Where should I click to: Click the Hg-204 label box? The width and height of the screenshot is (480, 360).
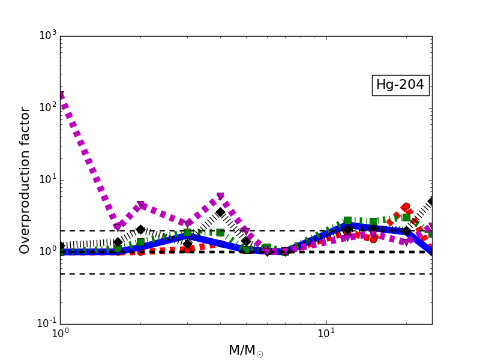400,85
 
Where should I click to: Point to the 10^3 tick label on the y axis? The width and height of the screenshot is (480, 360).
47,35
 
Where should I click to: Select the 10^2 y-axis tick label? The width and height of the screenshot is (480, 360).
47,107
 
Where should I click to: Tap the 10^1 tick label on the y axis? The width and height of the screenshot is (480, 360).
47,179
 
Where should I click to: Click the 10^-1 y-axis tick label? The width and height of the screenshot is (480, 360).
46,323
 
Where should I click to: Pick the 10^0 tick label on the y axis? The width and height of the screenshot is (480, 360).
47,251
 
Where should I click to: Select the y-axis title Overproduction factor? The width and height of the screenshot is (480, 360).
25,180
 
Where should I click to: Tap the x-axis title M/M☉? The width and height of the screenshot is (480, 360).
245,350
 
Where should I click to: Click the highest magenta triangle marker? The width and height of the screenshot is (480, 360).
61,95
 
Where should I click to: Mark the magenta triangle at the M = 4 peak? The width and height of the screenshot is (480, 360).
220,197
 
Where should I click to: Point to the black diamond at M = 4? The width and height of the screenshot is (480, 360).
220,212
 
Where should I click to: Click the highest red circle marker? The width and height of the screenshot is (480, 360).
406,206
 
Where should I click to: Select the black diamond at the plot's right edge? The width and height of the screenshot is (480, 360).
431,202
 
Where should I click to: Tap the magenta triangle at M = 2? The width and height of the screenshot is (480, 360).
140,205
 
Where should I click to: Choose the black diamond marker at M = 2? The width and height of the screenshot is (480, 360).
140,229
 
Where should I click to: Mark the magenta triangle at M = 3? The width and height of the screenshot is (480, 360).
187,224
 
